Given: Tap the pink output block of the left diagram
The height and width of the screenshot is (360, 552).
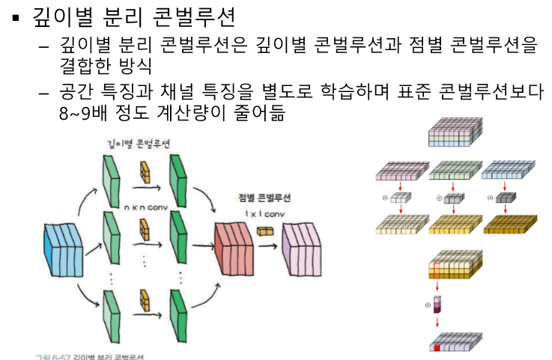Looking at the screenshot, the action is tap(303, 247).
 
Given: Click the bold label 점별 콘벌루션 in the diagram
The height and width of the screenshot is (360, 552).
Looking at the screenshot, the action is tap(264, 198).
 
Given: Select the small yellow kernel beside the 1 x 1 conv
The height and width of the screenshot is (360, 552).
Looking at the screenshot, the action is tap(266, 232).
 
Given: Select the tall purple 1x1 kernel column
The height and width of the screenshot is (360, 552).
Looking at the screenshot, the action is tap(439, 305).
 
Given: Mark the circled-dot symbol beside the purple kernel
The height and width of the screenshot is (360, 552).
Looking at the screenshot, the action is tap(428, 305).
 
